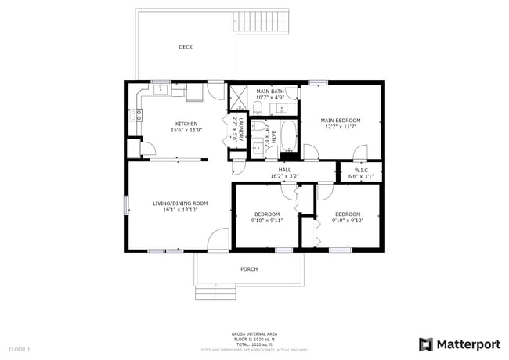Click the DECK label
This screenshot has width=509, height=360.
pos(186,47)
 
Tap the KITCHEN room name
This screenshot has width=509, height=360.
pos(186,124)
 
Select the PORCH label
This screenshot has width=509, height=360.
pos(249,269)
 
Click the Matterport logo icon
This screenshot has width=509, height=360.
pos(425,344)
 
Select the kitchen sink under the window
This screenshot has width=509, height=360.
pos(161,92)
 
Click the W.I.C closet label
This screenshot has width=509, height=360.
pos(361,170)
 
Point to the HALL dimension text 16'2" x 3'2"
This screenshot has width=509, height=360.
pos(284,176)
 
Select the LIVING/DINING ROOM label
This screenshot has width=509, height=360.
pos(179,203)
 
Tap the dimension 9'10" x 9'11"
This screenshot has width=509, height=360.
pos(267,220)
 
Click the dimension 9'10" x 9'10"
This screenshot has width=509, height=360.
pos(348,220)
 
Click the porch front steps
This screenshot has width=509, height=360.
pos(215,293)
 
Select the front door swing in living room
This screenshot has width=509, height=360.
pos(219,239)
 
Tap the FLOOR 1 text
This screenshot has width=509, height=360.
pos(20,348)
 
